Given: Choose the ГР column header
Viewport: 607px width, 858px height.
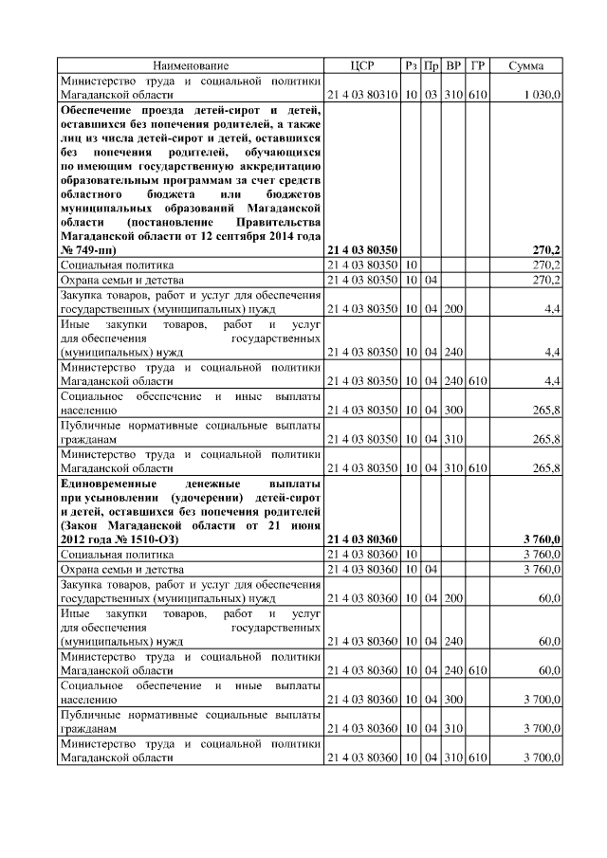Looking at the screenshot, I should [477, 65].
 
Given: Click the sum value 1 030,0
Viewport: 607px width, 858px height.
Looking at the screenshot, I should [541, 96].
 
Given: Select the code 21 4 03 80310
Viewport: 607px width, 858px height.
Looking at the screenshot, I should [362, 96].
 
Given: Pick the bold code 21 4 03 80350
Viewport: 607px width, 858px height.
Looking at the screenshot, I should [362, 249].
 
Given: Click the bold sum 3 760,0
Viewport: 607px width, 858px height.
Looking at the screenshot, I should [542, 539].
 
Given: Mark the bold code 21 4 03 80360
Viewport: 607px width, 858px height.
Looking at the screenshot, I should [362, 539].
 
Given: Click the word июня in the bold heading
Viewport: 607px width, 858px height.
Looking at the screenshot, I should [303, 524].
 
